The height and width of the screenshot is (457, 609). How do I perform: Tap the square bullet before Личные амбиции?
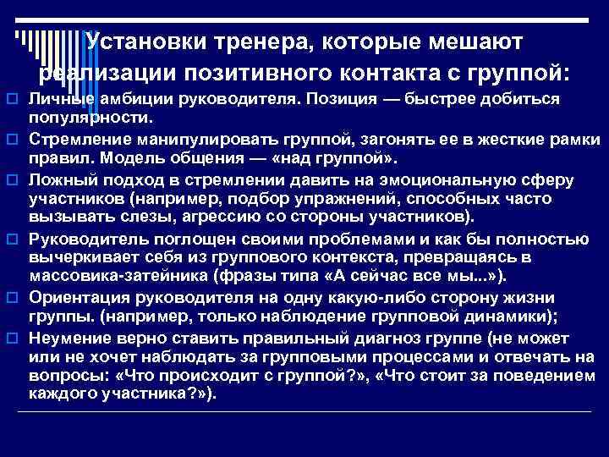12,101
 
